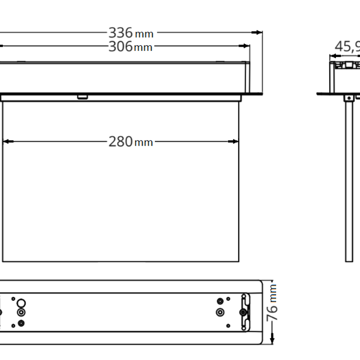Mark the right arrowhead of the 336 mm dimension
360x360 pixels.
point(259,32)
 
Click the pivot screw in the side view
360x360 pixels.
point(350,98)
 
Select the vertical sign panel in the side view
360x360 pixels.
point(350,180)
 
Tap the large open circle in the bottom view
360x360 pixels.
point(21,302)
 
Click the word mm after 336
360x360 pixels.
point(145,34)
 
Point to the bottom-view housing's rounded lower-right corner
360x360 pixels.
point(261,341)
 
